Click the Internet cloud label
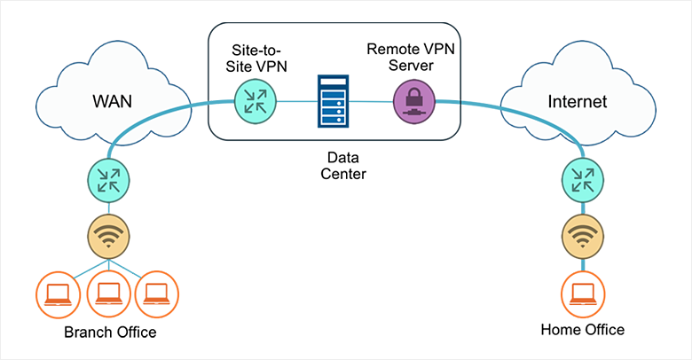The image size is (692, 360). click(x=577, y=102)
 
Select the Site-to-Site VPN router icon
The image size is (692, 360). click(x=256, y=99)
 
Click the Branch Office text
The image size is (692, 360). click(x=110, y=333)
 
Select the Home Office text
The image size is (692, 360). click(x=582, y=330)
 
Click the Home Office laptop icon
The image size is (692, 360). click(x=582, y=290)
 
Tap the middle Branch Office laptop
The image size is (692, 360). click(x=108, y=290)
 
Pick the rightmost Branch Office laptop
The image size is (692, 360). click(x=157, y=290)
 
